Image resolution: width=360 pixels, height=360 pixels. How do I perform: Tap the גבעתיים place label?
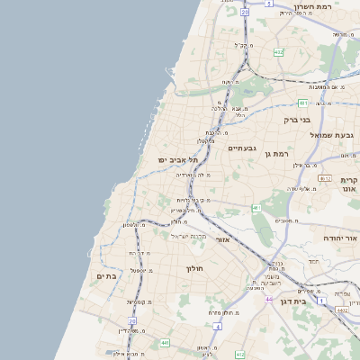(x=243, y=148)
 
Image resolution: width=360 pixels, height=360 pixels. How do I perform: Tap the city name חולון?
(x=195, y=268)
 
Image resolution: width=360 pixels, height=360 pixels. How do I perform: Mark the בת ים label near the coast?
(x=106, y=276)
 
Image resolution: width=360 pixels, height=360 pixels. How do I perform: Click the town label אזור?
(x=224, y=240)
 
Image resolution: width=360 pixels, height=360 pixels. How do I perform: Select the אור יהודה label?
(x=341, y=238)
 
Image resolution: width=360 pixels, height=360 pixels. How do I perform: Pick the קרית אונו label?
(x=349, y=184)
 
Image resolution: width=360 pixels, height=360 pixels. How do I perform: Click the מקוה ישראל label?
(x=189, y=236)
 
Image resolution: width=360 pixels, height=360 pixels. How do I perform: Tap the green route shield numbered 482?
(x=279, y=53)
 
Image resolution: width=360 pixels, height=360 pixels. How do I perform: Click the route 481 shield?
(x=303, y=103)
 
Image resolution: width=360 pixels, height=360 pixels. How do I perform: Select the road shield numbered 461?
(x=256, y=208)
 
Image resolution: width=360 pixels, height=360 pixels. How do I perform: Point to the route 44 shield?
(x=267, y=299)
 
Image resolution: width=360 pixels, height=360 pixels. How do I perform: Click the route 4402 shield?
(x=343, y=310)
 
